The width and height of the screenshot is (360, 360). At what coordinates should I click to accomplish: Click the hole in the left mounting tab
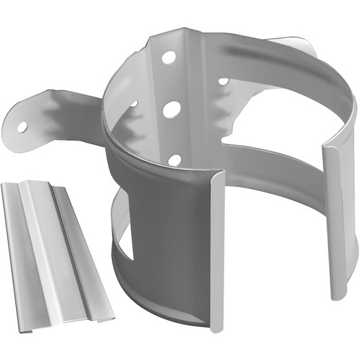pos(22,127)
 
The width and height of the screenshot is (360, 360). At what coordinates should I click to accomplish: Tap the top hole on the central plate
pos(168,57)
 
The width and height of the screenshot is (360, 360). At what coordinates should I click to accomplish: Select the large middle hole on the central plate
pos(171,109)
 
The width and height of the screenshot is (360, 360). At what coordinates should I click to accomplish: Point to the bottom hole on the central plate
pos(174,159)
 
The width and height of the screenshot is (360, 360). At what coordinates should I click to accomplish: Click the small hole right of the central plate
pos(223,82)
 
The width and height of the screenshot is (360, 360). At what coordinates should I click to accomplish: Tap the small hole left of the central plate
pos(134,103)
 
